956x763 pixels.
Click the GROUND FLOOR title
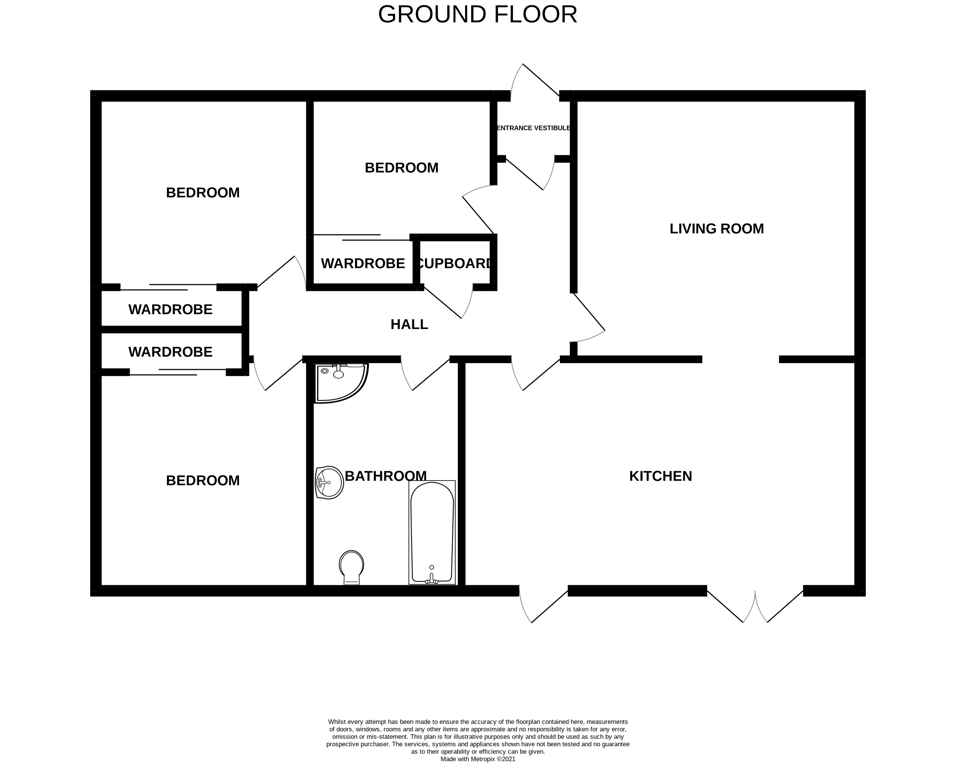pyautogui.click(x=478, y=15)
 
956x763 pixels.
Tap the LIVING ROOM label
pyautogui.click(x=717, y=229)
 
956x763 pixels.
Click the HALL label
pyautogui.click(x=409, y=325)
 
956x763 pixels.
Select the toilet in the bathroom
pyautogui.click(x=352, y=567)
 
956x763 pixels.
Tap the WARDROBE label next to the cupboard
pyautogui.click(x=363, y=264)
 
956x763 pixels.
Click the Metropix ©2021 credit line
pyautogui.click(x=478, y=759)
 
